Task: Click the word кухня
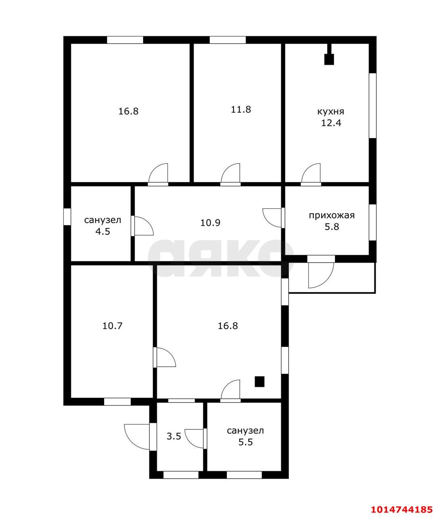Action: [331, 111]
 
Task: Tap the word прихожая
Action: [331, 215]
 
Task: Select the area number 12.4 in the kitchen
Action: [331, 123]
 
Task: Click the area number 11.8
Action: [241, 109]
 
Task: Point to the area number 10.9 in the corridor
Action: [210, 222]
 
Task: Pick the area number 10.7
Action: [112, 326]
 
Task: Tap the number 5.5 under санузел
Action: [245, 442]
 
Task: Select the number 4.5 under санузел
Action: [102, 231]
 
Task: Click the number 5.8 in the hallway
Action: [332, 227]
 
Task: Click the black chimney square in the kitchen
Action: [329, 59]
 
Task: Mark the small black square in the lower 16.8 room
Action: [259, 381]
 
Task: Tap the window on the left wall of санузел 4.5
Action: [67, 216]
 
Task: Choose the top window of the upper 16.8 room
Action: [125, 40]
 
